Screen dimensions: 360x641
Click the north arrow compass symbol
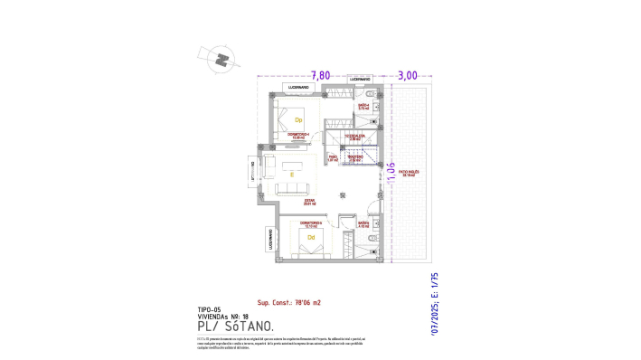tap(218, 60)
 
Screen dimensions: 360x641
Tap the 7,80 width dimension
tap(321, 76)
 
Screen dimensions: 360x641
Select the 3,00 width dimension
tap(408, 76)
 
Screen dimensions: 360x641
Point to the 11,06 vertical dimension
tap(391, 171)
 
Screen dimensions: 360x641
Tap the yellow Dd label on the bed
tap(312, 239)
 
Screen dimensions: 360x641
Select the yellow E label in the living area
tap(292, 174)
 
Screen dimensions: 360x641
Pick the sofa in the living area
tap(292, 189)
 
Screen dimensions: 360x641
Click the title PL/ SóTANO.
tap(234, 325)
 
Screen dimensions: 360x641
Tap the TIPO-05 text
tap(209, 309)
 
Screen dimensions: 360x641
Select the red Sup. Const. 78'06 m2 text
tap(289, 302)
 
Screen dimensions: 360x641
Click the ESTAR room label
tap(310, 204)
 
